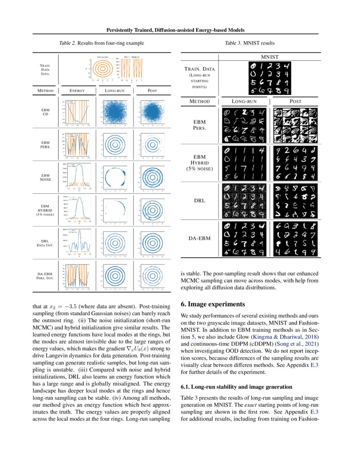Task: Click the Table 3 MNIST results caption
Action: [x=250, y=43]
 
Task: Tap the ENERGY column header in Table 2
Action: [x=77, y=90]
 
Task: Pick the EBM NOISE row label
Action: [x=45, y=177]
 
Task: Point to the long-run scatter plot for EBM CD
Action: [x=114, y=114]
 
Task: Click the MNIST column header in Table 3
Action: [x=269, y=56]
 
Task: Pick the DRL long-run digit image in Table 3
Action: [x=243, y=200]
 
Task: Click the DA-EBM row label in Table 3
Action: [x=199, y=239]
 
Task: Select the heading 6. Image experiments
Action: [x=210, y=304]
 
